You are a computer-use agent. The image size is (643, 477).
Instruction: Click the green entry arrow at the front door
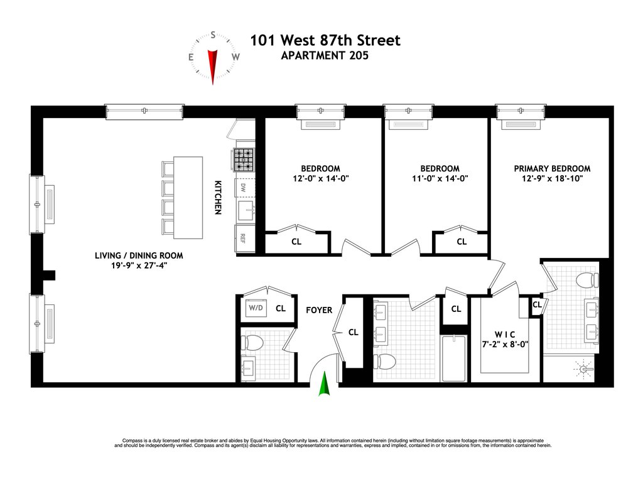click(325, 384)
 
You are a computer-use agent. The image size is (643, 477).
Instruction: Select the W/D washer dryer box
click(256, 308)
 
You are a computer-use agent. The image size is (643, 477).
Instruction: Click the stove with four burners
click(244, 159)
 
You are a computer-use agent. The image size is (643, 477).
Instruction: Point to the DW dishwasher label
click(243, 188)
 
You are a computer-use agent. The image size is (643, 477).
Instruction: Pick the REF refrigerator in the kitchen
click(244, 238)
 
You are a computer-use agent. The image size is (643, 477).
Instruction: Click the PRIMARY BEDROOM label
click(552, 168)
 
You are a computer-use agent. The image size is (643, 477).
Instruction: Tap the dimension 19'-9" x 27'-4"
click(139, 265)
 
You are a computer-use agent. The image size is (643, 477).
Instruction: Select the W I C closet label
click(505, 335)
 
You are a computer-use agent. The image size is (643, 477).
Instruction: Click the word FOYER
click(319, 310)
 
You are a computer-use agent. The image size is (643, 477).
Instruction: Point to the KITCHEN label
click(218, 198)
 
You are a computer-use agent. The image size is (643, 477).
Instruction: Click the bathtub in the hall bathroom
click(453, 358)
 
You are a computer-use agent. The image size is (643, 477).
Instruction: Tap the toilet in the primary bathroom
click(587, 281)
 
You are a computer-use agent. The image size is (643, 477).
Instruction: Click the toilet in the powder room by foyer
click(252, 343)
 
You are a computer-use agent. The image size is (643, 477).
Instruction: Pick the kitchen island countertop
click(188, 198)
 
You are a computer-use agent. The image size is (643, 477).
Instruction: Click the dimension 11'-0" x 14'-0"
click(440, 179)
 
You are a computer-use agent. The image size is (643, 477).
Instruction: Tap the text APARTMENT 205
click(325, 55)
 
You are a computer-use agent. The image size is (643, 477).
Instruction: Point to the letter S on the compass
click(213, 35)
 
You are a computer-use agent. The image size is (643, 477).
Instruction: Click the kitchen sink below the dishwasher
click(245, 210)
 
